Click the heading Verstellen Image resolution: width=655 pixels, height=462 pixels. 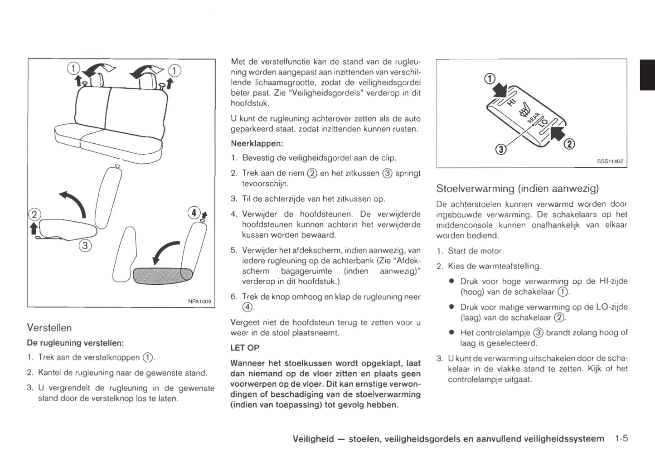tap(49, 327)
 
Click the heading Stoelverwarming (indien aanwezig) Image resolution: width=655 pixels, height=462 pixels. tap(517, 188)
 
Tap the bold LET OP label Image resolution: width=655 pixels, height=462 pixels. tap(245, 348)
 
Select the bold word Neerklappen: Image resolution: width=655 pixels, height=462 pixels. tap(257, 143)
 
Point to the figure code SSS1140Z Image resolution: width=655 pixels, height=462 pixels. tap(610, 161)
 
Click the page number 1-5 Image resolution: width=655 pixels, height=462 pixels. tap(621, 438)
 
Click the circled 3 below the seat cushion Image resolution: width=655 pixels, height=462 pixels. tap(85, 245)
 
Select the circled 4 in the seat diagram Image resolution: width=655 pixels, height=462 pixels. tap(194, 212)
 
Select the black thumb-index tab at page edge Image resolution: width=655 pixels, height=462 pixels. tap(647, 75)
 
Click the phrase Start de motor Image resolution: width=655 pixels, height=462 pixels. tap(475, 251)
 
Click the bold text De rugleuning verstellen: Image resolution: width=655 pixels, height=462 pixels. tap(75, 342)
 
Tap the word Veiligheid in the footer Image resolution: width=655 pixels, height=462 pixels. tap(313, 438)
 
